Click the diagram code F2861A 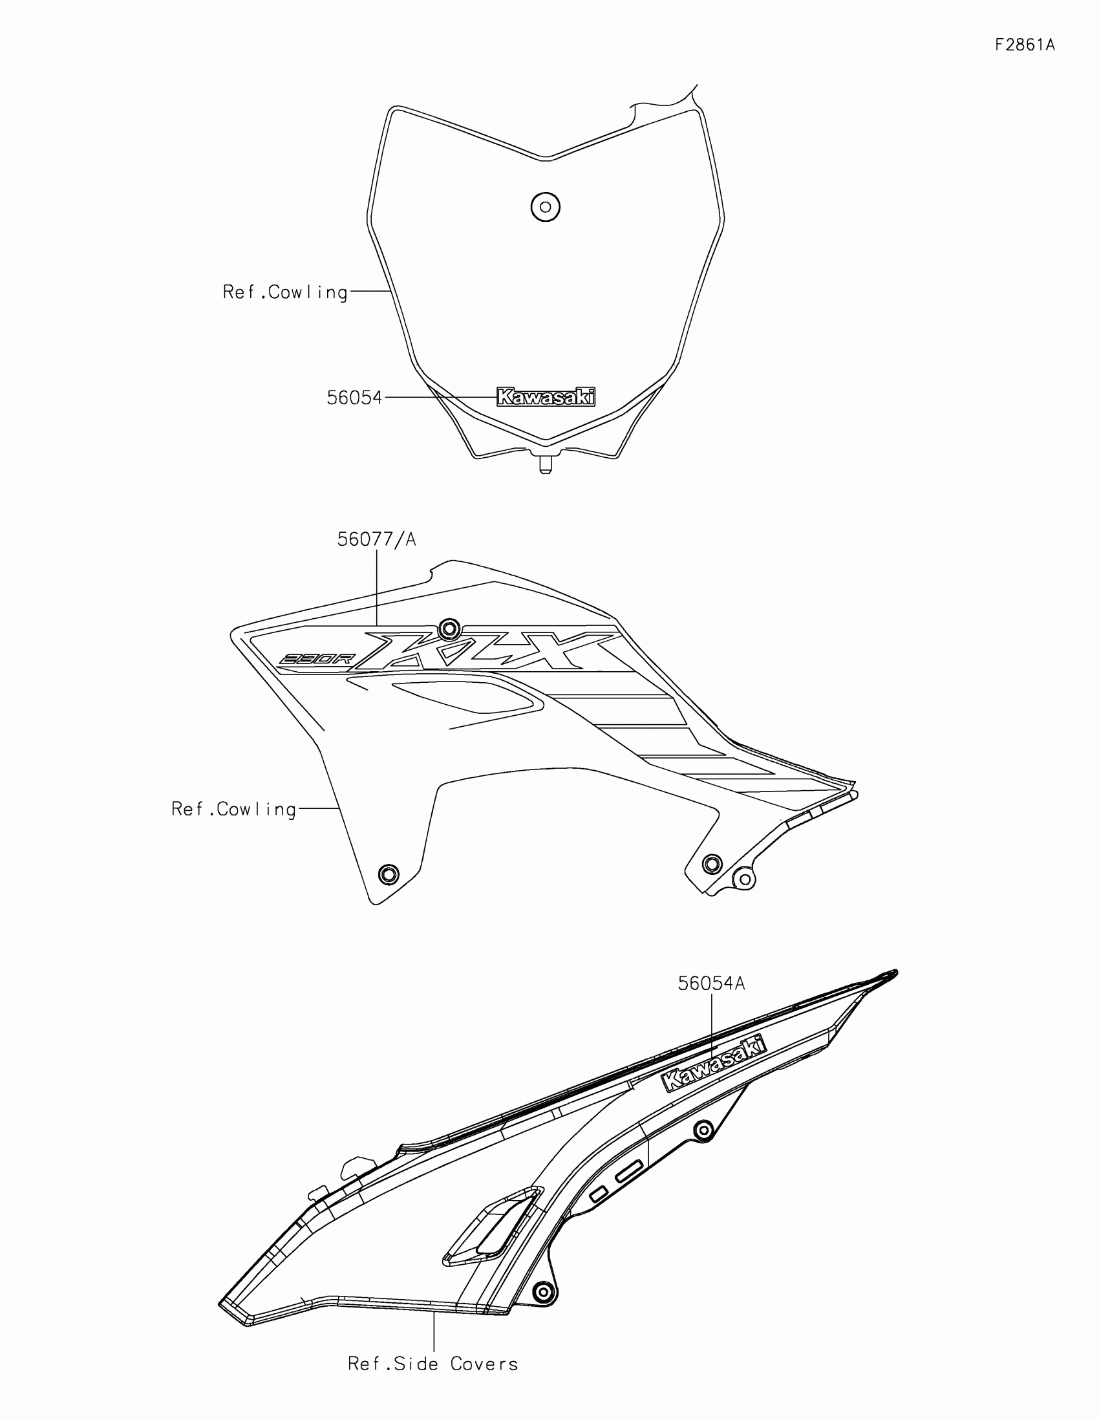click(x=1024, y=45)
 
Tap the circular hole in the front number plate click(x=545, y=207)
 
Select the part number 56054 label click(x=354, y=398)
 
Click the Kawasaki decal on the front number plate click(x=545, y=396)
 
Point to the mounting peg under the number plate click(x=546, y=464)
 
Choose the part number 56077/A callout click(x=376, y=540)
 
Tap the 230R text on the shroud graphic click(x=315, y=660)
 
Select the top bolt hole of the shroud click(x=449, y=629)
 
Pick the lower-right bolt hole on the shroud click(x=712, y=863)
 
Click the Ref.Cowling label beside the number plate click(x=285, y=292)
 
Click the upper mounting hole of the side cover click(x=703, y=1130)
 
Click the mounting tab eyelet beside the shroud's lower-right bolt click(x=744, y=879)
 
